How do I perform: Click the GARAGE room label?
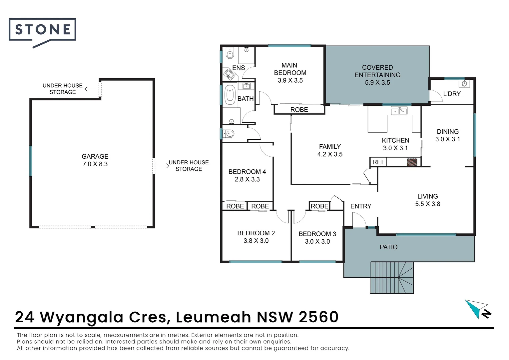pyautogui.click(x=95, y=156)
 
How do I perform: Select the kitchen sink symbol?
pyautogui.click(x=399, y=110)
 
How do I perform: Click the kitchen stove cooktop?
pyautogui.click(x=412, y=162)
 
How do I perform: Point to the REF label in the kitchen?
pyautogui.click(x=378, y=162)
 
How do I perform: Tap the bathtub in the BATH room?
pyautogui.click(x=230, y=94)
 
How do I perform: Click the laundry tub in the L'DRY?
pyautogui.click(x=464, y=83)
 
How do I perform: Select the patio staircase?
pyautogui.click(x=392, y=277)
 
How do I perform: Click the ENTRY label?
pyautogui.click(x=361, y=206)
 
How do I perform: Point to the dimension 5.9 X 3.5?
pyautogui.click(x=377, y=82)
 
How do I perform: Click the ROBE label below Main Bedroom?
pyautogui.click(x=299, y=110)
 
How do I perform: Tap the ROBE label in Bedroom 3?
pyautogui.click(x=319, y=206)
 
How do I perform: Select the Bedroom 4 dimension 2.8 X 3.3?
pyautogui.click(x=247, y=179)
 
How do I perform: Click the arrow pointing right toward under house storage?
pyautogui.click(x=163, y=166)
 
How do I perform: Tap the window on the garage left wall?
pyautogui.click(x=31, y=161)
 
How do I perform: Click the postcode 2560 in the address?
pyautogui.click(x=318, y=317)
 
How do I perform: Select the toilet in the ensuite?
pyautogui.click(x=230, y=53)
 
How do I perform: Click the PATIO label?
pyautogui.click(x=388, y=247)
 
